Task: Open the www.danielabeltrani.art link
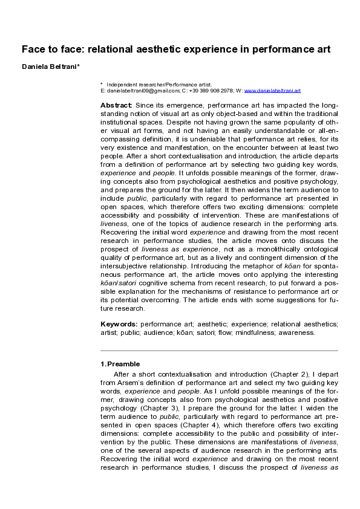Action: tap(272, 90)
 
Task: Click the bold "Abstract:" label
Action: tap(116, 105)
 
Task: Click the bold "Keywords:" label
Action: tap(119, 324)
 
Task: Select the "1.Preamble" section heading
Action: tap(120, 364)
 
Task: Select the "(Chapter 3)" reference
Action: tap(142, 405)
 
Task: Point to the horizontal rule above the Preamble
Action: tap(219, 351)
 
